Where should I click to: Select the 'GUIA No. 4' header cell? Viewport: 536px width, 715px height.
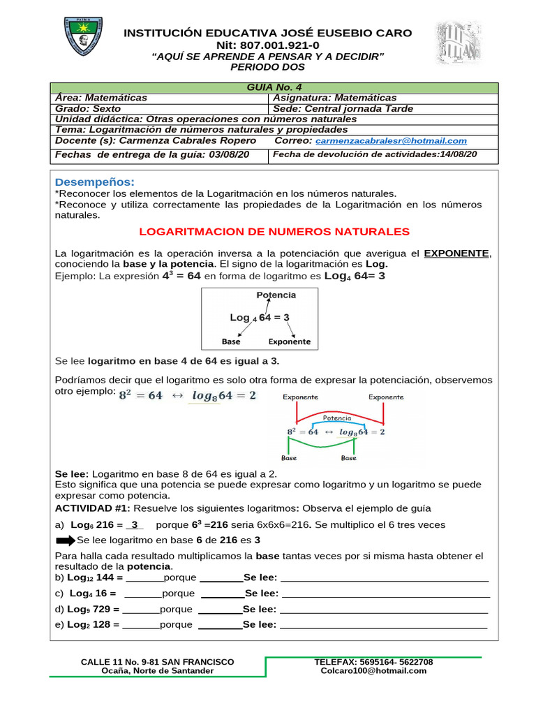[274, 87]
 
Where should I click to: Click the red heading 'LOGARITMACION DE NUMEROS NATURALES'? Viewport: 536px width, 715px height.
[274, 231]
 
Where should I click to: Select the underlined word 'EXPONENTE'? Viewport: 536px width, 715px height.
[457, 253]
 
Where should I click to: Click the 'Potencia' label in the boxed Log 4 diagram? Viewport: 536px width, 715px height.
[276, 295]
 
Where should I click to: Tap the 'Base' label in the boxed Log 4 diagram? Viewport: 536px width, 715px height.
[231, 342]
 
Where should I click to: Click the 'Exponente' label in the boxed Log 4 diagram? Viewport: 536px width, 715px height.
[289, 342]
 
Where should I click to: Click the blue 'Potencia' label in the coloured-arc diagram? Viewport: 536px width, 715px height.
[336, 419]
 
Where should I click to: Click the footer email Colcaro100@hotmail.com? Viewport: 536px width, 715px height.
[373, 671]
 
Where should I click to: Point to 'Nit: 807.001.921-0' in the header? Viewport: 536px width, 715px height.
[268, 45]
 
